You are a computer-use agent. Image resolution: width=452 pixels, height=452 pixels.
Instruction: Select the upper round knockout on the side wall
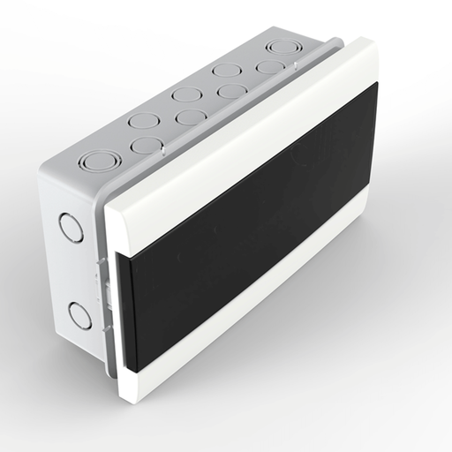(71, 227)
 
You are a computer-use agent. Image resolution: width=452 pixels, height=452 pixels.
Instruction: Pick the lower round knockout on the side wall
(79, 314)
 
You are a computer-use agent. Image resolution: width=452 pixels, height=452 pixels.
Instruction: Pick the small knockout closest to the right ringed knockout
(269, 67)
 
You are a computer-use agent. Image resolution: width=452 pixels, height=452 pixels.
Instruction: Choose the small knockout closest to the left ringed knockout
(146, 145)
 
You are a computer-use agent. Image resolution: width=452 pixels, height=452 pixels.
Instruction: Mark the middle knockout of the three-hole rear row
(186, 94)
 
